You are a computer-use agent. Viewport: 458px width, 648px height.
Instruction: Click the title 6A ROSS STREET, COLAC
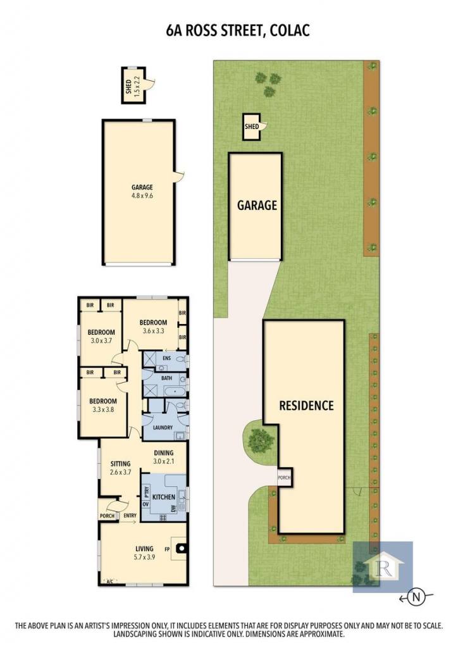[x=238, y=31]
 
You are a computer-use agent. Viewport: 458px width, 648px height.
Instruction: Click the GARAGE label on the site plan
[x=257, y=206]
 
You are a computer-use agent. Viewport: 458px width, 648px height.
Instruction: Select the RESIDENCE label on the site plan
[x=306, y=406]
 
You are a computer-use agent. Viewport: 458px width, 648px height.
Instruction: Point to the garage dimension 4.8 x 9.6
[x=142, y=196]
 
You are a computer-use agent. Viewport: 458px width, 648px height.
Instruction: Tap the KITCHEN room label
[x=164, y=497]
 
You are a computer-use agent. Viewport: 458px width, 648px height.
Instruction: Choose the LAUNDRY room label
[x=163, y=427]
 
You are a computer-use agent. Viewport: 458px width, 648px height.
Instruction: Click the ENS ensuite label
[x=166, y=358]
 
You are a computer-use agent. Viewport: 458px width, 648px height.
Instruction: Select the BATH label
[x=166, y=378]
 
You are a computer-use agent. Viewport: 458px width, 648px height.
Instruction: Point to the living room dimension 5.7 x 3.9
[x=144, y=557]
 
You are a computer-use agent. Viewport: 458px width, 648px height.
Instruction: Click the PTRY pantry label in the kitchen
[x=146, y=492]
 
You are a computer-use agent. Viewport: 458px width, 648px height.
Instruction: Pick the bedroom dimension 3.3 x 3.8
[x=103, y=409]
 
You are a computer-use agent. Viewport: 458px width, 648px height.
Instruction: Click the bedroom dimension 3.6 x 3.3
[x=154, y=330]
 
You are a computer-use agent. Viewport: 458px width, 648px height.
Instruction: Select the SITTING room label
[x=121, y=464]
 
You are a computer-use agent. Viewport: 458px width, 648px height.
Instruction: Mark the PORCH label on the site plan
[x=284, y=478]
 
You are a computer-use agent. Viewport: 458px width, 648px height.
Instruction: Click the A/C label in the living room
[x=110, y=582]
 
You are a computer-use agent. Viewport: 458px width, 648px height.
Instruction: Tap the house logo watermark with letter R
[x=383, y=567]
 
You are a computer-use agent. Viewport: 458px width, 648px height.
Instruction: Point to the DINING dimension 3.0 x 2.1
[x=164, y=461]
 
